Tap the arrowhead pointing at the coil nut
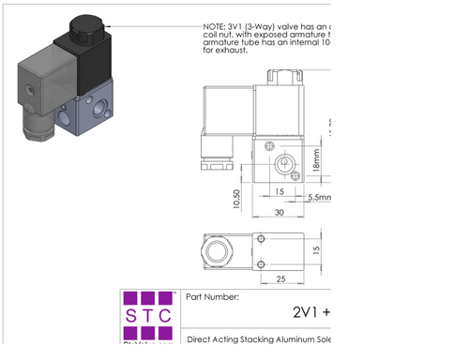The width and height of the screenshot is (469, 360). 110,25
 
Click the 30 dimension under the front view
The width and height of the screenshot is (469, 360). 279,212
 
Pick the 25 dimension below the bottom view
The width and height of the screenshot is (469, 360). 280,279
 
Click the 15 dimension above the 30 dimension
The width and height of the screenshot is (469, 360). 280,192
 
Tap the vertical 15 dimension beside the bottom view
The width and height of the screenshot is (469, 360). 318,250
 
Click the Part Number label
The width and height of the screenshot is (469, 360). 213,297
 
